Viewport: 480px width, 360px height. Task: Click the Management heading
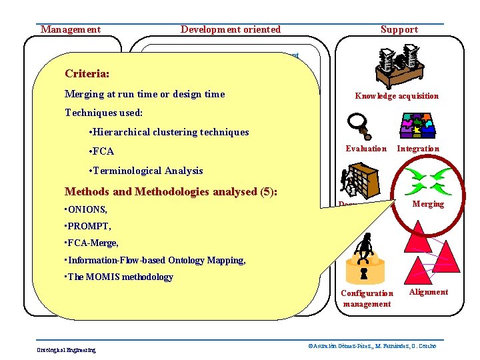pos(71,29)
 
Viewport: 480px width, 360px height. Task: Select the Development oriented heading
pos(231,29)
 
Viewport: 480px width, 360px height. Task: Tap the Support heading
pos(399,29)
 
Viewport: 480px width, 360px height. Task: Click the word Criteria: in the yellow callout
pos(87,73)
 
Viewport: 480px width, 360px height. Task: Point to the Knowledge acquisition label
pos(397,96)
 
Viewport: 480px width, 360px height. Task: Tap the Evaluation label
pos(366,149)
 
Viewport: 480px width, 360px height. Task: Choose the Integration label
pos(418,149)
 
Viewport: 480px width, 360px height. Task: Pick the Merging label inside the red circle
pos(428,204)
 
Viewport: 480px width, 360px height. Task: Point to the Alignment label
pos(428,292)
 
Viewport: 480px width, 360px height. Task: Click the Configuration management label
pos(367,299)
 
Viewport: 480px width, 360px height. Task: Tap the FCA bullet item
pos(101,151)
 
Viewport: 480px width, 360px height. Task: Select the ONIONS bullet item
pos(86,209)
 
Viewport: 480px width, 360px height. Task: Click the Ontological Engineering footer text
pos(66,349)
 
